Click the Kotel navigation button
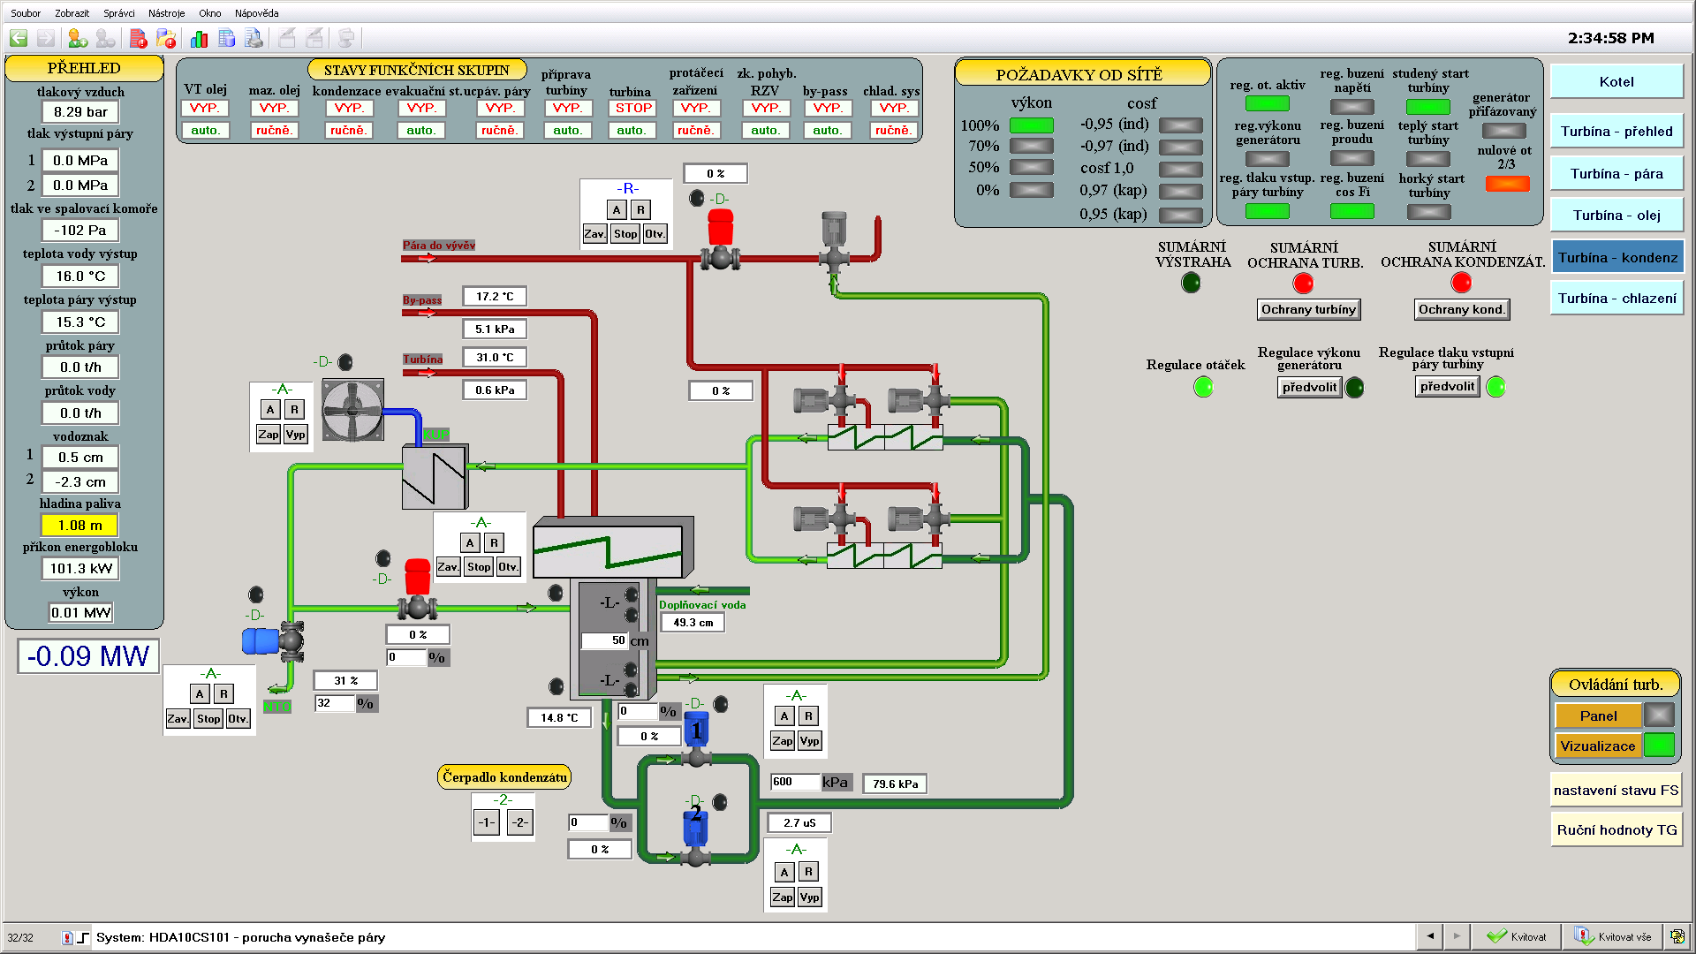[x=1616, y=82]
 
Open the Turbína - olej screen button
[x=1616, y=216]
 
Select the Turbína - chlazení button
[x=1616, y=299]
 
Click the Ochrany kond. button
[x=1461, y=309]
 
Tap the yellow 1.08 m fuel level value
[x=80, y=526]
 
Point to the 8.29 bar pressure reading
[x=80, y=112]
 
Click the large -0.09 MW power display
[x=88, y=656]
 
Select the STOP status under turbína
[x=633, y=108]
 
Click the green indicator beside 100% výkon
[x=1032, y=125]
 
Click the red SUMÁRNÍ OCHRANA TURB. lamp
[x=1303, y=283]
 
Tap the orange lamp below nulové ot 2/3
[x=1507, y=184]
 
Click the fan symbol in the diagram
[x=352, y=410]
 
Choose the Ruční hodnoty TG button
[x=1616, y=830]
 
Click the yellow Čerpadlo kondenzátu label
[x=504, y=777]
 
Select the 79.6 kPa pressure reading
[x=895, y=784]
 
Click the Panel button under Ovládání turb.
[x=1598, y=715]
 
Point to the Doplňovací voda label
[x=702, y=605]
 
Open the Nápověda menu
[x=256, y=13]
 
